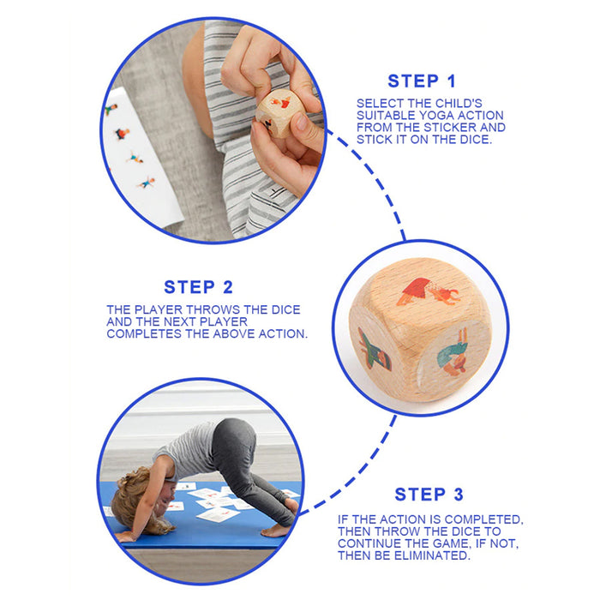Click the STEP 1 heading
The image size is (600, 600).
pos(422,81)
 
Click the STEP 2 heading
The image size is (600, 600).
pos(198,287)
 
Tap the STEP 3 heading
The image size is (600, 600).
pos(429,495)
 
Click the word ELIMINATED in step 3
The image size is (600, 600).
pos(431,555)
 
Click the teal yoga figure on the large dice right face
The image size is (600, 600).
pos(453,353)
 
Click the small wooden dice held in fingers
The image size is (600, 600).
pos(275,113)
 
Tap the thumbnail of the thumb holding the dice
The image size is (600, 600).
pos(303,123)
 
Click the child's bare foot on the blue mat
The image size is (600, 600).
pos(276,531)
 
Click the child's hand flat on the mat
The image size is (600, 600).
pos(125,537)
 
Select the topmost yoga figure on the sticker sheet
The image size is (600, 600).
pos(111,109)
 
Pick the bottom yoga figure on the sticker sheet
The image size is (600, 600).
pos(147,183)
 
